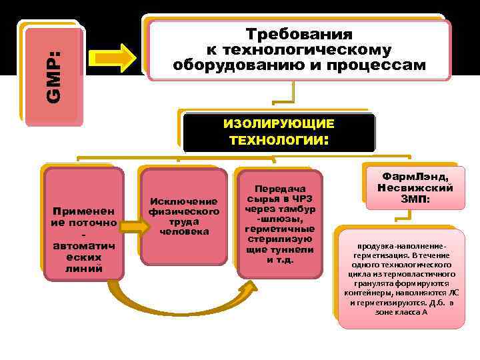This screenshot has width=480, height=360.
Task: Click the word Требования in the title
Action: click(x=299, y=35)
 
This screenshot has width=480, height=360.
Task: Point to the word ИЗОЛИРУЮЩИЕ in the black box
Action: click(x=279, y=125)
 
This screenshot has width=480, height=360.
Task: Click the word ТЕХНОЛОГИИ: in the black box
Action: click(x=279, y=141)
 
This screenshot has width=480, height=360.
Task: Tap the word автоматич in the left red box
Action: click(x=83, y=247)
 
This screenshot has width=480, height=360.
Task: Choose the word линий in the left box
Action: click(x=83, y=269)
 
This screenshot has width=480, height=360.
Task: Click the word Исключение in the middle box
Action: click(x=184, y=201)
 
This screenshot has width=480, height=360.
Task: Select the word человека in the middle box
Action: click(x=184, y=231)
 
